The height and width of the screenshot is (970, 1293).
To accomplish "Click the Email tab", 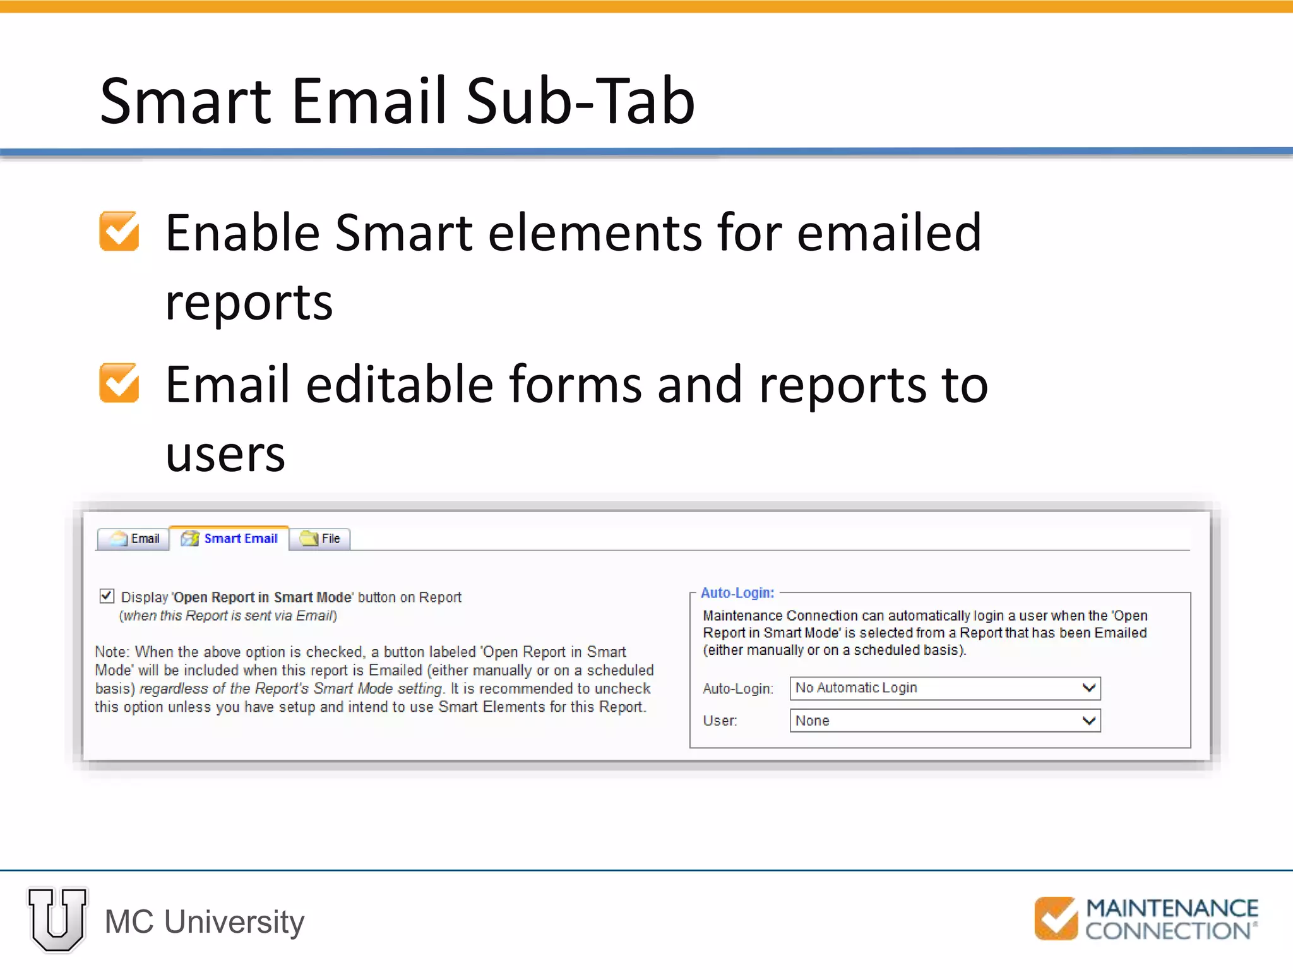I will click(x=134, y=539).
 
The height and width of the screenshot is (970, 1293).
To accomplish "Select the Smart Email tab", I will click(x=230, y=539).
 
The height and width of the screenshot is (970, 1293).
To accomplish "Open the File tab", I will click(x=321, y=539).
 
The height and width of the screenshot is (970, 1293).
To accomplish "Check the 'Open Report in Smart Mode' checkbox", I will click(x=107, y=596).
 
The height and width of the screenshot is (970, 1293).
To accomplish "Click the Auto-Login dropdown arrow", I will click(x=1088, y=688).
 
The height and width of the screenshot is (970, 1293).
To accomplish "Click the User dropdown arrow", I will click(x=1088, y=721).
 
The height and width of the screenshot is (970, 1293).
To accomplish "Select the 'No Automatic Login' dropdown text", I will click(x=856, y=688).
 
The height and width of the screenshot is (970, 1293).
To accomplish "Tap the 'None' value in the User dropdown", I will click(x=813, y=721).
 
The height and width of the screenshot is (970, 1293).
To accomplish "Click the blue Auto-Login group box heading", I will click(x=737, y=593).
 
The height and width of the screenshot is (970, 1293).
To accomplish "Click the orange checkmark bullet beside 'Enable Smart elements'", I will click(x=119, y=231).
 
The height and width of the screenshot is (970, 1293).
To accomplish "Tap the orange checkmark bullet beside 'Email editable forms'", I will click(x=119, y=383).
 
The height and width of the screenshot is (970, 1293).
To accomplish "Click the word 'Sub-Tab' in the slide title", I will click(x=580, y=101).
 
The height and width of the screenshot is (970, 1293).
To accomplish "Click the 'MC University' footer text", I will click(x=205, y=922).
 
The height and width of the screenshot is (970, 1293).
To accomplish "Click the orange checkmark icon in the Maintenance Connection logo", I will click(x=1056, y=919).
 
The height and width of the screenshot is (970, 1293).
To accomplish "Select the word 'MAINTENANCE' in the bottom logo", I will click(x=1172, y=908).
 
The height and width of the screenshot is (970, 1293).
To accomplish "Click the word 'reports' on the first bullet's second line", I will click(x=249, y=302).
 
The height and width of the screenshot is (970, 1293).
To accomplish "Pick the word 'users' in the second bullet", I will click(x=225, y=454).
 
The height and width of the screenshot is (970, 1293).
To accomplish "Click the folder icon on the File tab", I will click(x=309, y=539).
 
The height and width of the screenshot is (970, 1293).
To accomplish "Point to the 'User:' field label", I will click(x=720, y=721).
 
